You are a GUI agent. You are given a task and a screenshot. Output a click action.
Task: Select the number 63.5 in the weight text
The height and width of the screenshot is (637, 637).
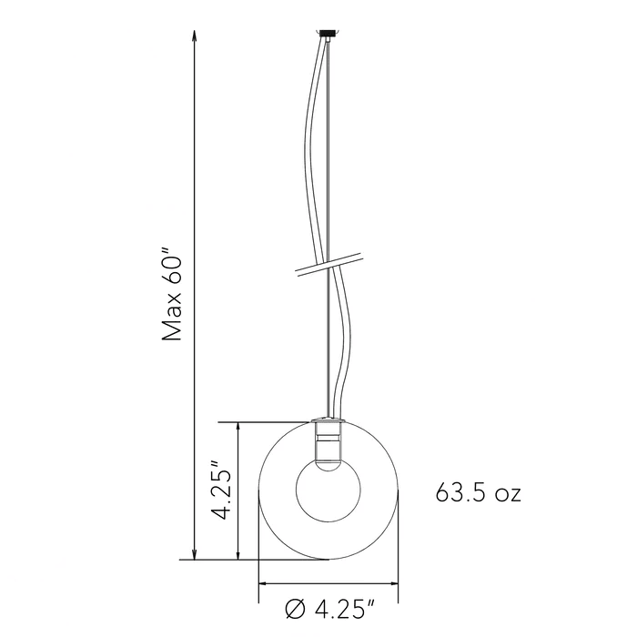[x=464, y=494]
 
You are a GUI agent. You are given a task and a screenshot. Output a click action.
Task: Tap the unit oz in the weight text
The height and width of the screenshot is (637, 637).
[x=506, y=496]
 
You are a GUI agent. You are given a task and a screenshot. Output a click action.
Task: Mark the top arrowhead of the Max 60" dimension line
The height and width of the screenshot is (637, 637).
[x=194, y=39]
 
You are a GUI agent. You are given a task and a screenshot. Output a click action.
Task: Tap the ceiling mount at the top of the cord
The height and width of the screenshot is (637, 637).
[x=326, y=35]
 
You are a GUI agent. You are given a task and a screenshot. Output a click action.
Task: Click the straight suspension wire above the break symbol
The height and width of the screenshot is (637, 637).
[x=327, y=146]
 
